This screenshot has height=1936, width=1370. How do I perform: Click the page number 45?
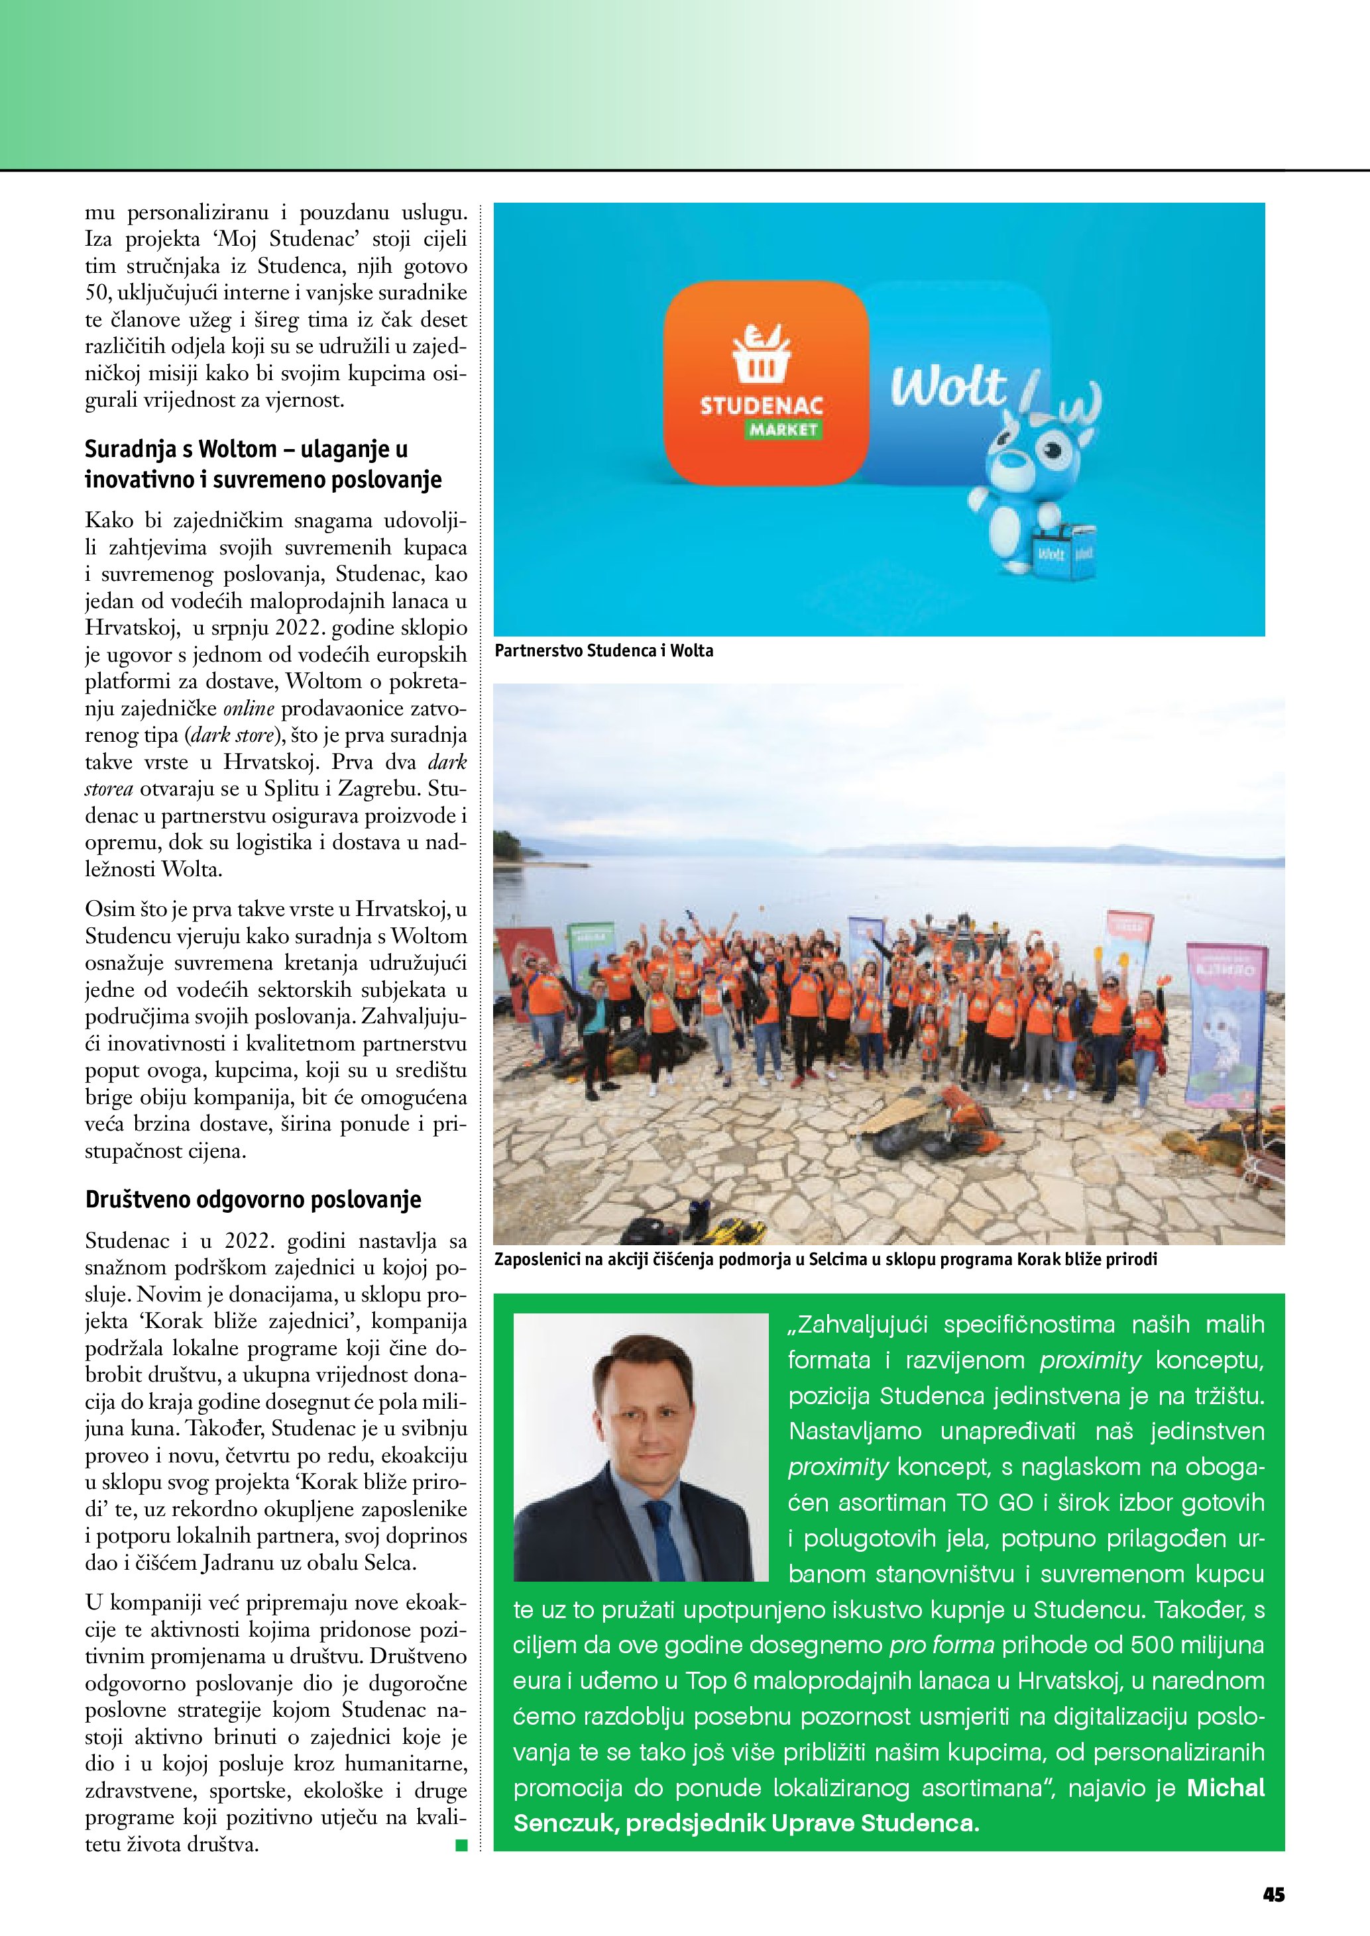(x=1273, y=1894)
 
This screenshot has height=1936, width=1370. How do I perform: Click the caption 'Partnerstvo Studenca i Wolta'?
(x=604, y=650)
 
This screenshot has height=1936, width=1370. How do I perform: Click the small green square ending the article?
(x=461, y=1846)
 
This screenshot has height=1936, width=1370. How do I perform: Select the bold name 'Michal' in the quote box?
(x=1226, y=1788)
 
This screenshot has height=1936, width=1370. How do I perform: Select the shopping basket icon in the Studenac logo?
(x=761, y=354)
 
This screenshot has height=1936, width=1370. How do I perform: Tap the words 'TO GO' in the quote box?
(x=995, y=1502)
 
